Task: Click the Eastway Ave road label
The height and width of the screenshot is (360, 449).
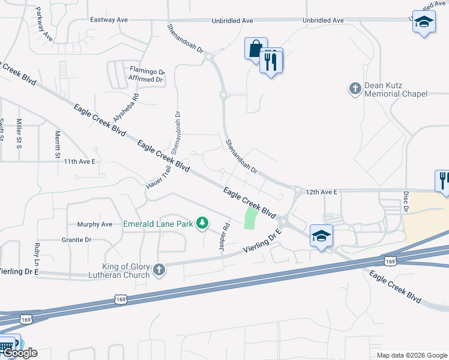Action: pos(109,20)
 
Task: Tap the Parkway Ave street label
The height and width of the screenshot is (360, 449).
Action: pos(44,25)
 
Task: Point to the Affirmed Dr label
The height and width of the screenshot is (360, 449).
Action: pos(146,79)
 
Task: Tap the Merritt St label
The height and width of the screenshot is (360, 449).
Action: pos(58,145)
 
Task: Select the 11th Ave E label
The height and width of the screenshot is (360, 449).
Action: pos(80,161)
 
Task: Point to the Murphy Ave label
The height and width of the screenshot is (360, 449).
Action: pos(95,224)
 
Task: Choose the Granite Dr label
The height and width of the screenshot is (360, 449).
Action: pos(76,239)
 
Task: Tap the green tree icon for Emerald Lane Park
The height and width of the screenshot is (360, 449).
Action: pos(203,224)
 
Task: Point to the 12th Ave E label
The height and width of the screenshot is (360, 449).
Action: pos(322,192)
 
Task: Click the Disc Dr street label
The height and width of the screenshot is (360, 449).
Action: pos(406,202)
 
